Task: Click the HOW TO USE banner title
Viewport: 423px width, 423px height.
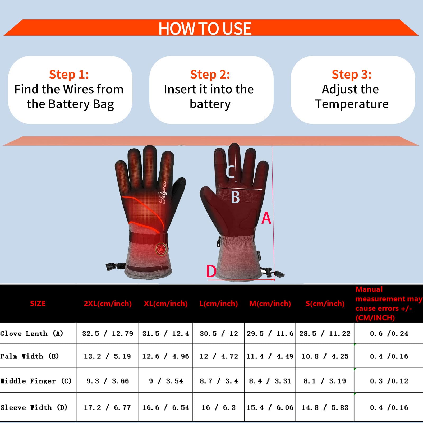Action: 205,28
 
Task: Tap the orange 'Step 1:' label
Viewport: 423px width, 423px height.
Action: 69,74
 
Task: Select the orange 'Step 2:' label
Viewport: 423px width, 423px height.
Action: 210,74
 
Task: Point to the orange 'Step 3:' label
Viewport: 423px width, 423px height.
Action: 352,74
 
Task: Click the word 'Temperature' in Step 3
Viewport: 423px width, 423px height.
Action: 352,104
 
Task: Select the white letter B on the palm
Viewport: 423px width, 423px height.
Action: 235,197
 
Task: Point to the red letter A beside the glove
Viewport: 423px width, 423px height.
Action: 266,218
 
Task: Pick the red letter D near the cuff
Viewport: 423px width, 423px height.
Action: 211,271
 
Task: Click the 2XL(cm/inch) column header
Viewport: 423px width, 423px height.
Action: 108,304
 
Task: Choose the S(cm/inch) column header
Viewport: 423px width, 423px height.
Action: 325,304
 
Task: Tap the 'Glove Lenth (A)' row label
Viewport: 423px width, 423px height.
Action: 32,333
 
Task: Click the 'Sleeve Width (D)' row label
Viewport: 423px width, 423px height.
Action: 34,407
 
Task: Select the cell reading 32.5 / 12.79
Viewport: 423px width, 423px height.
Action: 108,334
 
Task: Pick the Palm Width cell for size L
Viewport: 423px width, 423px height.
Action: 219,356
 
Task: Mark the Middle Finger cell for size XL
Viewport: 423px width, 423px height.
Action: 166,381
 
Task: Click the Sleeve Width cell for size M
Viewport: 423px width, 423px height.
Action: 270,408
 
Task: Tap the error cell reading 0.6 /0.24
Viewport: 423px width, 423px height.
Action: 389,334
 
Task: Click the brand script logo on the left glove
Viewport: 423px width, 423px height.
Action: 163,192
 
